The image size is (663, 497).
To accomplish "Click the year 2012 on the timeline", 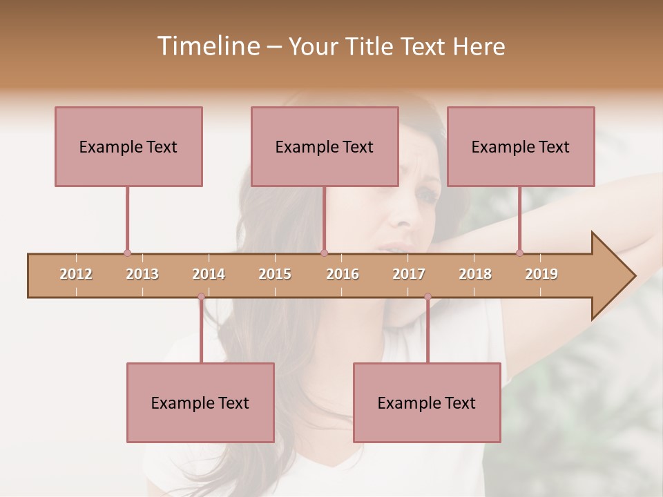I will pyautogui.click(x=76, y=274).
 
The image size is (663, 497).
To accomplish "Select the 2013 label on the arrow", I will pyautogui.click(x=142, y=274).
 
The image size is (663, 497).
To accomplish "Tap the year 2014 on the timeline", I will pyautogui.click(x=209, y=274).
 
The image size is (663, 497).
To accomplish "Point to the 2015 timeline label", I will pyautogui.click(x=275, y=274).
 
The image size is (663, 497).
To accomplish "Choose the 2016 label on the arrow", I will pyautogui.click(x=343, y=274).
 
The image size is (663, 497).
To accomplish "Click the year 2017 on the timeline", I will pyautogui.click(x=409, y=274).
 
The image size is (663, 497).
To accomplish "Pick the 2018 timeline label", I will pyautogui.click(x=475, y=274).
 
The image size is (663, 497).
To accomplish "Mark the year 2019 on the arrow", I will pyautogui.click(x=541, y=274).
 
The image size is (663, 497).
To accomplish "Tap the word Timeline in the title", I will pyautogui.click(x=206, y=46).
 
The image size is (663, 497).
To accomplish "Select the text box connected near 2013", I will pyautogui.click(x=128, y=146).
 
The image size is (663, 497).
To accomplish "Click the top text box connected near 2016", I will pyautogui.click(x=325, y=146).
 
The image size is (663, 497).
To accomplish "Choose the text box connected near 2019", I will pyautogui.click(x=521, y=146).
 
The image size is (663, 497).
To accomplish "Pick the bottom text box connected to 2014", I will pyautogui.click(x=200, y=402).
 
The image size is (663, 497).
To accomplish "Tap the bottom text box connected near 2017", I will pyautogui.click(x=427, y=402).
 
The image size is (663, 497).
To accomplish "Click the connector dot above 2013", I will pyautogui.click(x=127, y=253).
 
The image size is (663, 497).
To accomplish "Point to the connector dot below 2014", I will pyautogui.click(x=201, y=297).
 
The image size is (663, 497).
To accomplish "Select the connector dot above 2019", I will pyautogui.click(x=519, y=253).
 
